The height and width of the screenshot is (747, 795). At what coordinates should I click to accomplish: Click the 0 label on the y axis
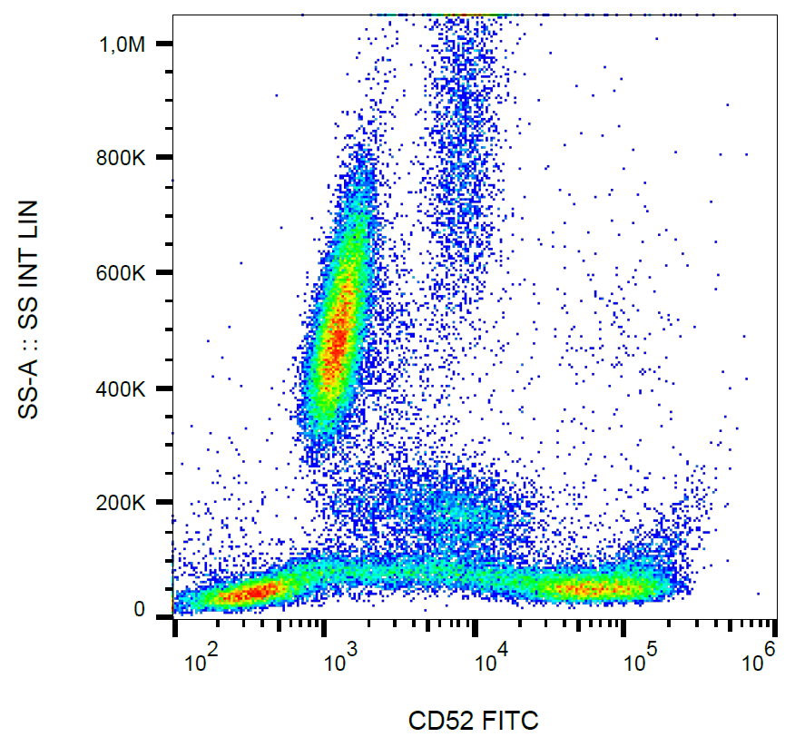pos(140,610)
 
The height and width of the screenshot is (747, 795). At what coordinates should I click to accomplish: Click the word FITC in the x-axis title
pos(513,722)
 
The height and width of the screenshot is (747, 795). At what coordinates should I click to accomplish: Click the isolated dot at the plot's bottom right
pos(759,594)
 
